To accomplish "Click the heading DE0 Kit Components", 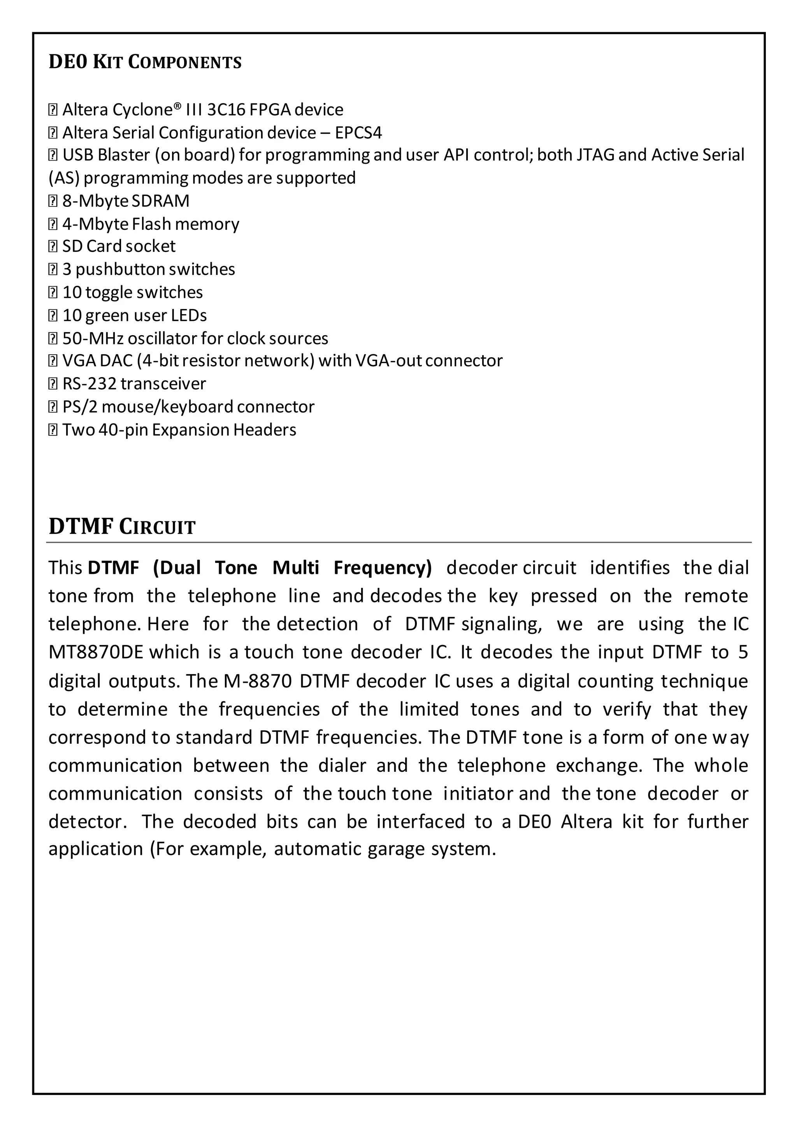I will [145, 62].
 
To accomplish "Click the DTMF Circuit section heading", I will [122, 527].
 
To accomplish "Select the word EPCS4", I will [358, 133].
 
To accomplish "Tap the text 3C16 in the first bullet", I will [226, 110].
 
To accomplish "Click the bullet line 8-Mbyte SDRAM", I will [126, 201].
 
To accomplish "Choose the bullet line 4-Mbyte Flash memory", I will [150, 224].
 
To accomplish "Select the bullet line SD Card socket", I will [118, 246].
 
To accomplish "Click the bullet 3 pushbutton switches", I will [148, 269].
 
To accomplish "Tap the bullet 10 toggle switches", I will [132, 292].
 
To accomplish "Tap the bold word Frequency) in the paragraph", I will [383, 568].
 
